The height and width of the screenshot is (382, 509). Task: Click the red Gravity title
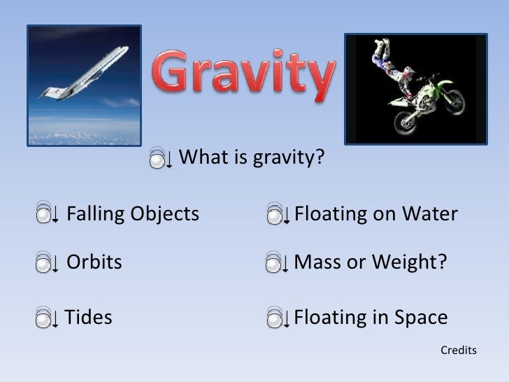pos(243,76)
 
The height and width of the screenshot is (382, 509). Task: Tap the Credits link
pos(458,350)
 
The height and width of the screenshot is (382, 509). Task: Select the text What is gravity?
pos(252,158)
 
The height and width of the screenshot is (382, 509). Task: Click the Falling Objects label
pos(133,214)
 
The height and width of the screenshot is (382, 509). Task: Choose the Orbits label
pos(94,263)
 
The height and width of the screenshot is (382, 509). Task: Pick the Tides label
pos(89,318)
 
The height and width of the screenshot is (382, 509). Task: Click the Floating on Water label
pos(375,214)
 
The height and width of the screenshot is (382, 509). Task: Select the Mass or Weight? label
pos(370,263)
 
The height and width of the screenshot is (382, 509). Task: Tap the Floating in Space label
pos(371,318)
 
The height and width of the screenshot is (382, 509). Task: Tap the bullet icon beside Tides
pos(46,319)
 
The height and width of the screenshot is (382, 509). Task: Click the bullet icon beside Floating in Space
pos(278,319)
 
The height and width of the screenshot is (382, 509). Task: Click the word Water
pos(428,214)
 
